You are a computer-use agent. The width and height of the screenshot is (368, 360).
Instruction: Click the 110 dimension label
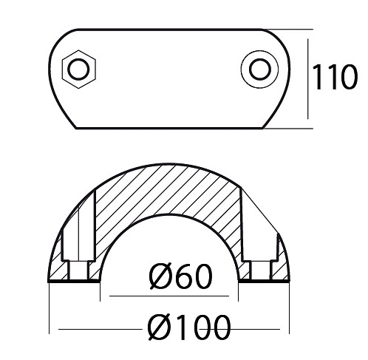point(335,77)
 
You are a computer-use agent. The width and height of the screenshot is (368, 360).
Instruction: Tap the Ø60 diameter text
point(181,276)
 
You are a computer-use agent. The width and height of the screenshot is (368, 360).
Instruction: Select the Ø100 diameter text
point(189,327)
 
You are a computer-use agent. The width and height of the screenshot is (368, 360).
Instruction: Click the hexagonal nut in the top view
point(79,69)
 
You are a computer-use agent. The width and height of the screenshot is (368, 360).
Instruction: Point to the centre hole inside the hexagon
point(79,69)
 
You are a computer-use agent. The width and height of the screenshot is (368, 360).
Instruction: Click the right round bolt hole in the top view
point(259,69)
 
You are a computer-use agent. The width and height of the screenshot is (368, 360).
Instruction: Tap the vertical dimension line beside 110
point(308,78)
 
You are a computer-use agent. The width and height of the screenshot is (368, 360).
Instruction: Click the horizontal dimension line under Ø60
point(169,296)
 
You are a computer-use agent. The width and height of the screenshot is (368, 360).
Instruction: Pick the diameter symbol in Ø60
point(160,276)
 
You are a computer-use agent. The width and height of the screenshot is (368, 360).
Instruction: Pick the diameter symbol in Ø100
point(158,327)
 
